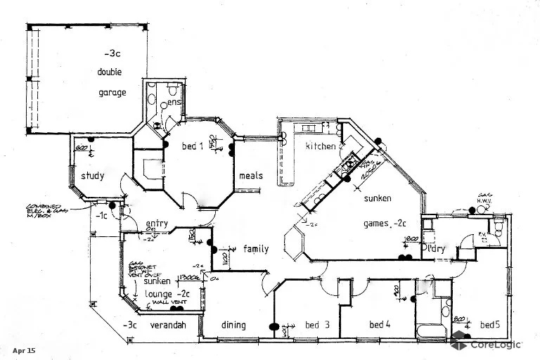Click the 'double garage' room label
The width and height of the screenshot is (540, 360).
(112, 82)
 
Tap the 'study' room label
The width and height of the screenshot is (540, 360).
(92, 176)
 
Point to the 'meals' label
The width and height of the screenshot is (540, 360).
(251, 175)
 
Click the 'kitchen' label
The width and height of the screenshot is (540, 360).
(320, 146)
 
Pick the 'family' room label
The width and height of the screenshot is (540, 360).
(256, 249)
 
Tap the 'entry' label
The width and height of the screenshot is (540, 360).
(156, 224)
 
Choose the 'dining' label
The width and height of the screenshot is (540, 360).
(233, 325)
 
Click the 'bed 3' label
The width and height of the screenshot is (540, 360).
(317, 325)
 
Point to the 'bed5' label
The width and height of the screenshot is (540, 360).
(490, 325)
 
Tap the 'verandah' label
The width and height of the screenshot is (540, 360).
(169, 325)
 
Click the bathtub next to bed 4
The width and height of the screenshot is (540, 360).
(430, 330)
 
